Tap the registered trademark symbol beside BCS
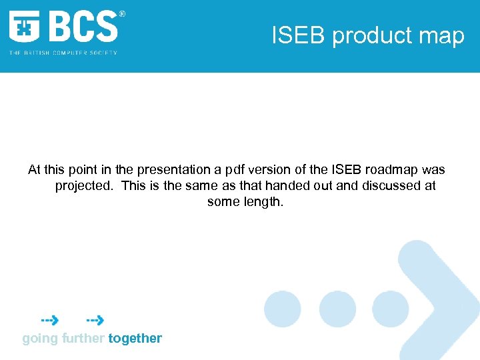(x=121, y=14)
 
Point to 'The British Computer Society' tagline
(x=63, y=53)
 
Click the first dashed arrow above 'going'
(x=49, y=321)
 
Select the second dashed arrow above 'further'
(x=95, y=321)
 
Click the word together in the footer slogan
(x=135, y=338)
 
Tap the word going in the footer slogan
(x=40, y=338)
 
